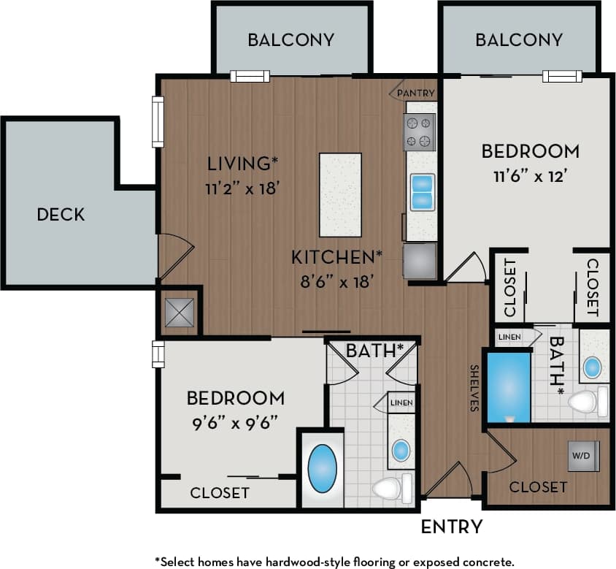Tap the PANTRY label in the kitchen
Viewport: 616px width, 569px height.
click(x=416, y=93)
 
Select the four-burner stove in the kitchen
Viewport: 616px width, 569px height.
click(x=420, y=132)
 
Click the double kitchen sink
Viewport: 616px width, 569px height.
click(x=422, y=191)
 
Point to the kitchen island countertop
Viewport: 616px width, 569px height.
click(x=340, y=194)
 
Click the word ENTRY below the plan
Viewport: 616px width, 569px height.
click(x=452, y=526)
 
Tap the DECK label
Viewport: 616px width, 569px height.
click(x=61, y=214)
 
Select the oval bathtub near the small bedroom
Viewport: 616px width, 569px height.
click(x=322, y=468)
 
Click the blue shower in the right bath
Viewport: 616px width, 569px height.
click(x=508, y=386)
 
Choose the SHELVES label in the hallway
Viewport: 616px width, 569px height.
click(x=474, y=388)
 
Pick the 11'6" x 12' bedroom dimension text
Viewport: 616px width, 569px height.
click(x=530, y=176)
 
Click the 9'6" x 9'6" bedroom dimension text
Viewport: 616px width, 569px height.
click(x=235, y=423)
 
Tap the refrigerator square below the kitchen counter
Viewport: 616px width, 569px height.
click(x=420, y=261)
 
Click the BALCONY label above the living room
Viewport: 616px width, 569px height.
click(x=290, y=39)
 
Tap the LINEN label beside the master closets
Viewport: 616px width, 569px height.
click(x=510, y=336)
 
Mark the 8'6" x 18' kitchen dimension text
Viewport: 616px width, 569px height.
click(x=336, y=280)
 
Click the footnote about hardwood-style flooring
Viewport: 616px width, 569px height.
click(x=334, y=561)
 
